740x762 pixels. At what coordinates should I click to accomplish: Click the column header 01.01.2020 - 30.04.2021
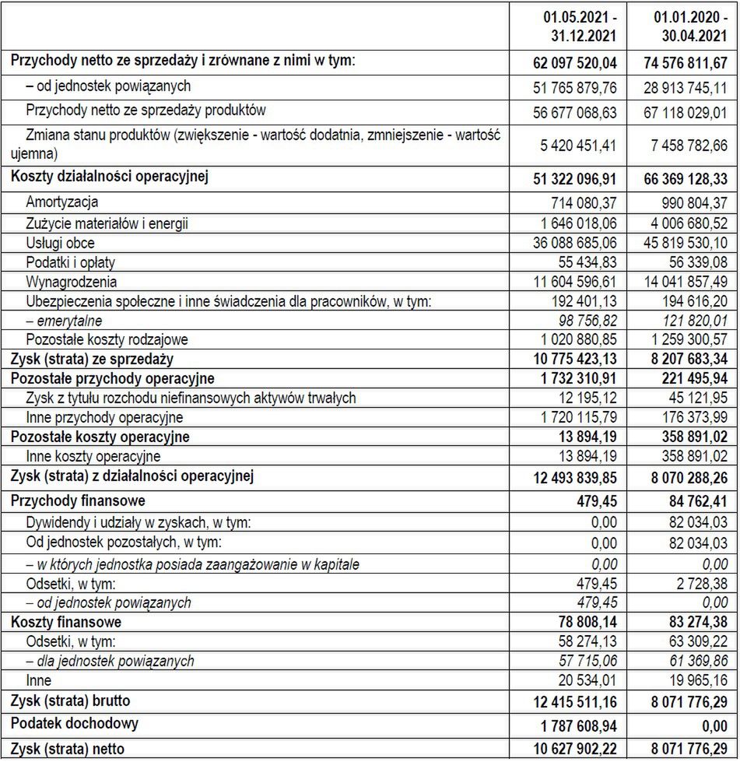[686, 26]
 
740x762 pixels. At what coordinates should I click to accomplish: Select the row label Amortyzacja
[62, 203]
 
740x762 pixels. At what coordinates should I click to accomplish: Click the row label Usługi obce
[61, 243]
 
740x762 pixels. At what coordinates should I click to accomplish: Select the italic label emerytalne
[64, 321]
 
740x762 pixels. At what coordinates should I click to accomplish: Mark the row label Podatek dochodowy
[75, 723]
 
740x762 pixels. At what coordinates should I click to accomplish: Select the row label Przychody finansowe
[78, 500]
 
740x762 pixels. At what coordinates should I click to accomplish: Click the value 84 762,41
[696, 500]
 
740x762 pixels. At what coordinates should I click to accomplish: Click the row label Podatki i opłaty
[71, 262]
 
